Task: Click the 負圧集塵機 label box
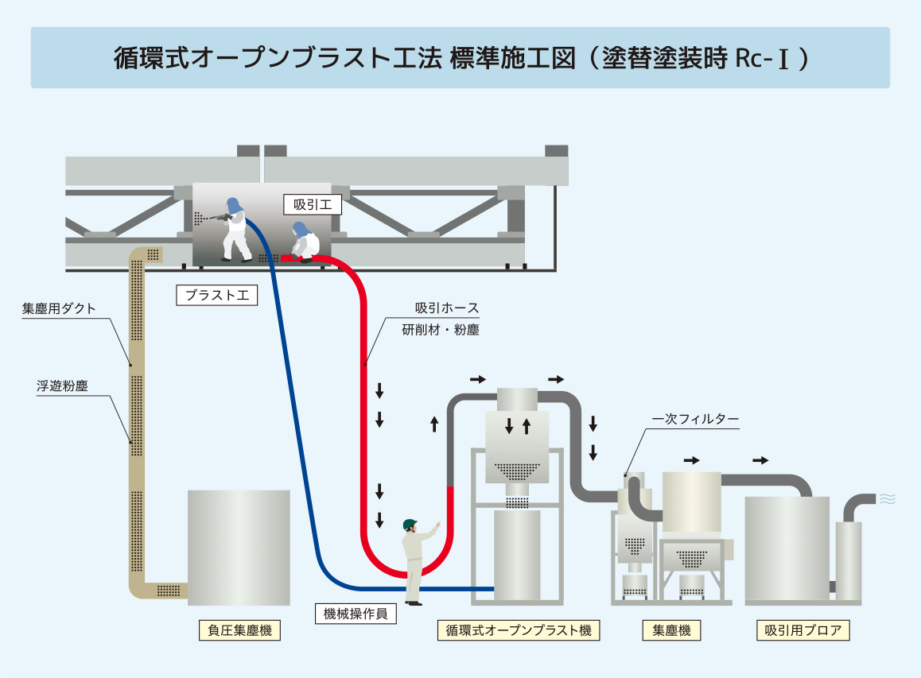pyautogui.click(x=239, y=631)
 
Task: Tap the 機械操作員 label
pyautogui.click(x=356, y=614)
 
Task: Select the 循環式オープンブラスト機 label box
pyautogui.click(x=518, y=631)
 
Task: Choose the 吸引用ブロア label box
pyautogui.click(x=803, y=631)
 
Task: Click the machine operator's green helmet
pyautogui.click(x=410, y=524)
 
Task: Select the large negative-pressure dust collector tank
pyautogui.click(x=239, y=548)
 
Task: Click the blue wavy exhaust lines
pyautogui.click(x=888, y=499)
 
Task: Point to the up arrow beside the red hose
pyautogui.click(x=434, y=424)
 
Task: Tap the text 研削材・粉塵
pyautogui.click(x=441, y=329)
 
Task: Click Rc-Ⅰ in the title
pyautogui.click(x=761, y=59)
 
